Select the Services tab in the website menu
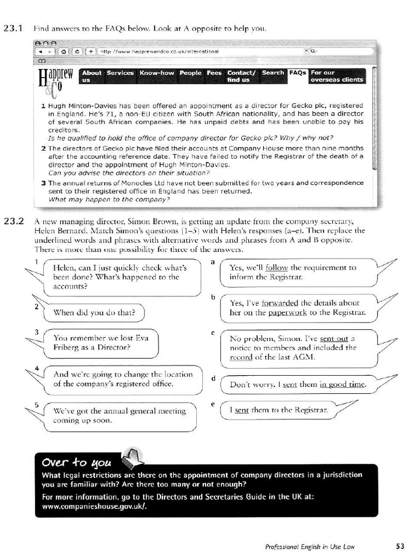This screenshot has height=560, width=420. tap(120, 73)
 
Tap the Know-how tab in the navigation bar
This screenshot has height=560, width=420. tap(156, 73)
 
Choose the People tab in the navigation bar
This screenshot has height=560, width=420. tap(190, 73)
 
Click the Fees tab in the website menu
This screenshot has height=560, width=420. tap(214, 73)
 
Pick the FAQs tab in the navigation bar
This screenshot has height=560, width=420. tap(297, 73)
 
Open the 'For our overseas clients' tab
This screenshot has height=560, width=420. tap(336, 76)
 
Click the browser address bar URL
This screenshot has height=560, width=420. tap(159, 51)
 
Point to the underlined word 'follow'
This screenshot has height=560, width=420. tap(276, 268)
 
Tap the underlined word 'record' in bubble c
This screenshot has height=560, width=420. tap(241, 357)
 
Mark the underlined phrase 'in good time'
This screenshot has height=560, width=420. tap(342, 384)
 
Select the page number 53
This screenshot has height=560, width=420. tap(399, 545)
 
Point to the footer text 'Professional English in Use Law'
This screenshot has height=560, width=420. tap(314, 546)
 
